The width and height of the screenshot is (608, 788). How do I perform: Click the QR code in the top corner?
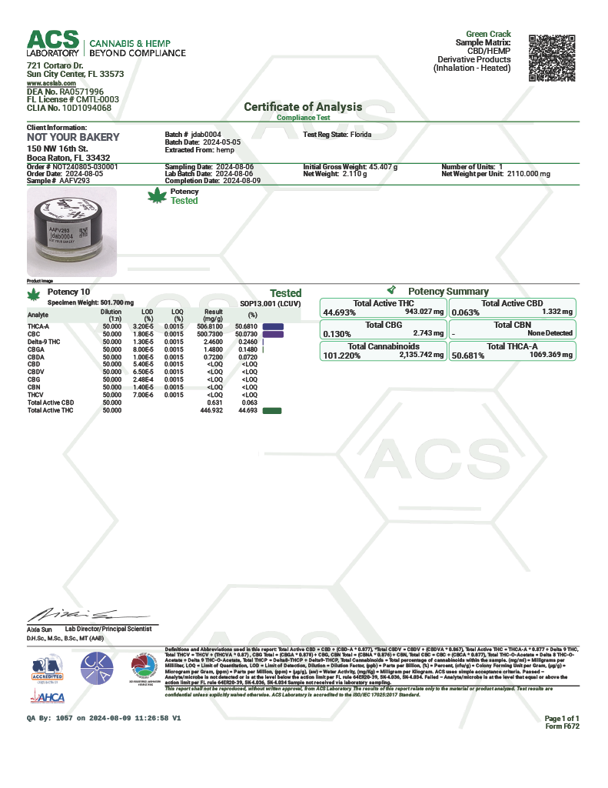point(553,57)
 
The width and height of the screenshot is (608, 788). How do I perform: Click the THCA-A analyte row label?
point(38,326)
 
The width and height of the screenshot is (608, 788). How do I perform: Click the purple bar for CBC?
point(273,335)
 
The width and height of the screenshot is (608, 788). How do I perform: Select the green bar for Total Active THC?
point(272,411)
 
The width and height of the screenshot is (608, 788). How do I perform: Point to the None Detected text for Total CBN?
point(550,333)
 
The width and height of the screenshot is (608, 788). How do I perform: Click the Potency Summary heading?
point(448,292)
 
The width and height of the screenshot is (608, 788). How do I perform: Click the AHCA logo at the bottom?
point(48,697)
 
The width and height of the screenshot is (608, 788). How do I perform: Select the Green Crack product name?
point(488,35)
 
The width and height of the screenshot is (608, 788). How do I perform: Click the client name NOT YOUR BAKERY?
point(73,137)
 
